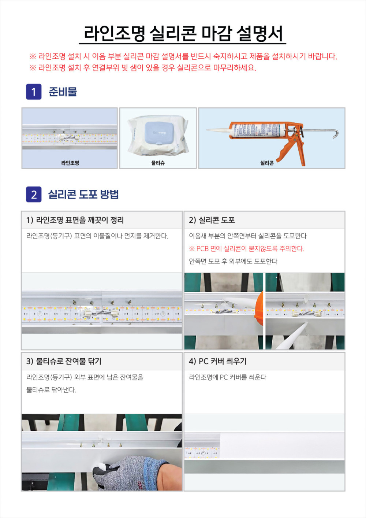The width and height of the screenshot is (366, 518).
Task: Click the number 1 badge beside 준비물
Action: (x=34, y=92)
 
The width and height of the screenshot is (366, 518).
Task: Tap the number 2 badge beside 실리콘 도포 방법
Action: (x=34, y=194)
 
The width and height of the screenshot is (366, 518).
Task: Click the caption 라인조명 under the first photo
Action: (x=70, y=163)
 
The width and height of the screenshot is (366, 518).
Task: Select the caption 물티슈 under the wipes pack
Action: (x=158, y=163)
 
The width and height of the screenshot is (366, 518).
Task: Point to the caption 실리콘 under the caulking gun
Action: (x=267, y=163)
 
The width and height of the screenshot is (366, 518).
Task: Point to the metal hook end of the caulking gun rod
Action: (x=336, y=134)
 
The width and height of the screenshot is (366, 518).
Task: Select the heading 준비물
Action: (x=63, y=92)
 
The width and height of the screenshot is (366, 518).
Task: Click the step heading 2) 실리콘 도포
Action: (x=212, y=220)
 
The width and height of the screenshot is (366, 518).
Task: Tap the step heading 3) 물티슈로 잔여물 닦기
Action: (x=64, y=361)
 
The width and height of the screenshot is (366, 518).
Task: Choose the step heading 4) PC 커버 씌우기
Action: (x=218, y=361)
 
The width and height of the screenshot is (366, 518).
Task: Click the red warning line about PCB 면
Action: (x=247, y=249)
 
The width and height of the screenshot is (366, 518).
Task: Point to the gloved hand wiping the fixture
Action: (x=136, y=473)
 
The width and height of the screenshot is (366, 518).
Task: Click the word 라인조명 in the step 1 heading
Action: (x=49, y=220)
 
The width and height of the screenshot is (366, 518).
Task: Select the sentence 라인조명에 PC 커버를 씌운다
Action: (x=228, y=377)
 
